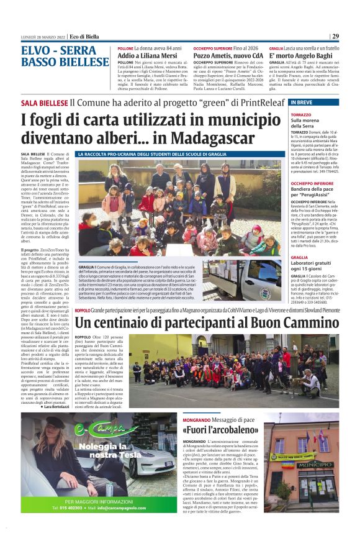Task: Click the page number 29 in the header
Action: tap(335, 37)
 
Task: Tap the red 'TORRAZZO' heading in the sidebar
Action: tap(301, 116)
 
